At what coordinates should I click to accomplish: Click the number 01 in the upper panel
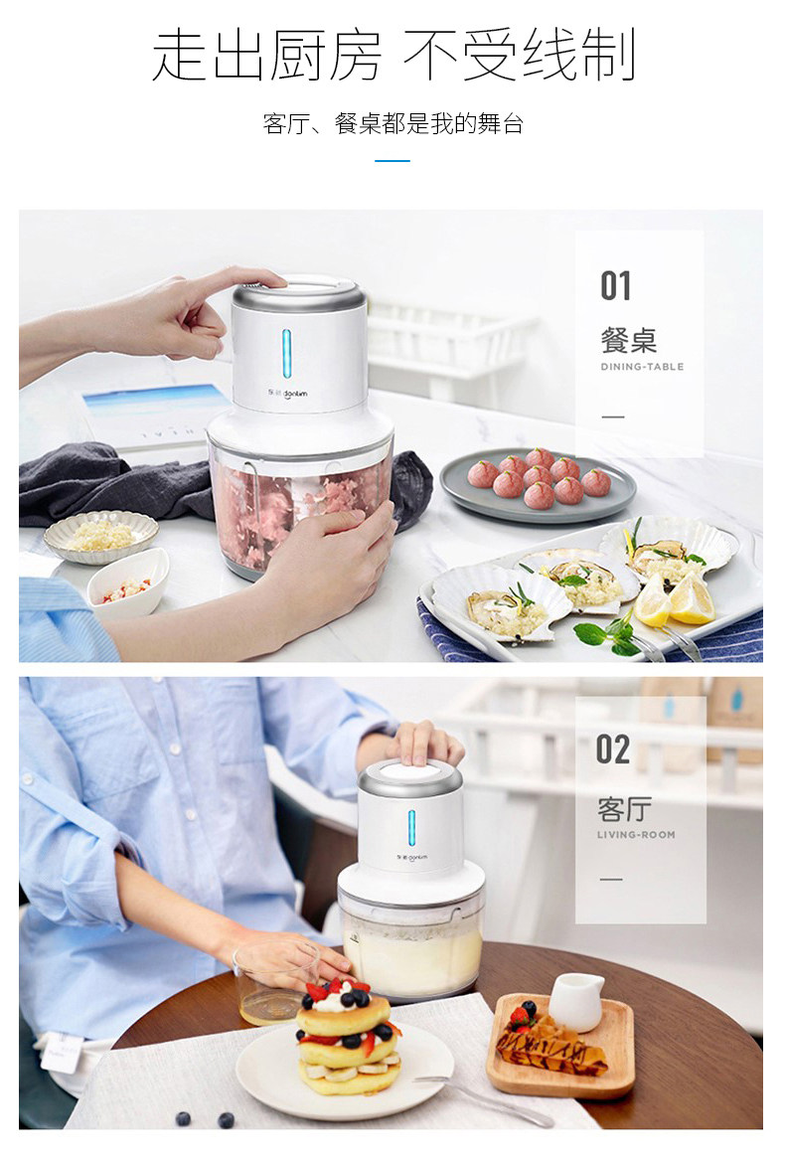point(616,286)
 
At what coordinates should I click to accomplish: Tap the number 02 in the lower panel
point(613,748)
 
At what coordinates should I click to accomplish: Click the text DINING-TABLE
point(642,367)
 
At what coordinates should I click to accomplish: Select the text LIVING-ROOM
point(636,835)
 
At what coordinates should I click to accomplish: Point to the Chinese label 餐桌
point(628,340)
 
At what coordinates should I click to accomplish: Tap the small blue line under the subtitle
point(392,160)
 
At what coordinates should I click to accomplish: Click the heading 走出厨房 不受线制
point(392,56)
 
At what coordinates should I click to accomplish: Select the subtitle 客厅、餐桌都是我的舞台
point(392,124)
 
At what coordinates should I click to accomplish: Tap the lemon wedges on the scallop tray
point(675,599)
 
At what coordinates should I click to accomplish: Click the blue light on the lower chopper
point(411,828)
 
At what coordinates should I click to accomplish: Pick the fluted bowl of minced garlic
point(101,536)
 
